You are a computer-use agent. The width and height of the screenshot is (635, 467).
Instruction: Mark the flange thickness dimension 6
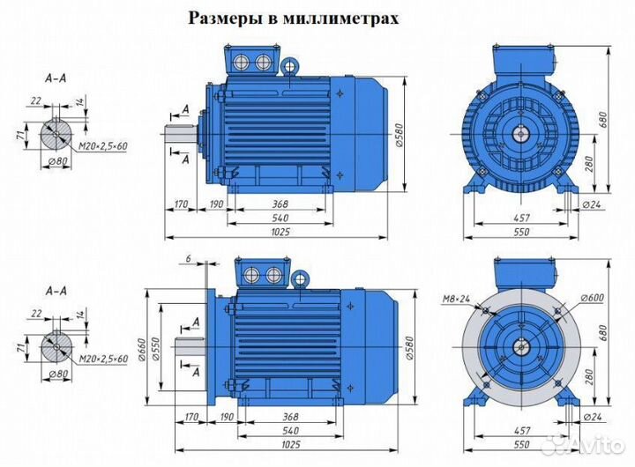click(x=188, y=258)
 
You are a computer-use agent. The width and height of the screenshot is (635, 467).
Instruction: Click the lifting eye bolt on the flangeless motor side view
click(x=288, y=65)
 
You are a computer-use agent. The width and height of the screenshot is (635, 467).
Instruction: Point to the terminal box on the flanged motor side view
click(x=261, y=272)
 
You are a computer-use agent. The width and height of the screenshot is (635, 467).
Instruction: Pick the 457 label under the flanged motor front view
click(x=523, y=431)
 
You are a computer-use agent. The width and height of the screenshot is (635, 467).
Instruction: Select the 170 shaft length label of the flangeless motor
click(x=182, y=204)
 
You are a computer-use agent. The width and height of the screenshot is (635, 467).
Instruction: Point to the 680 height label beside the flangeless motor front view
click(x=603, y=119)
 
